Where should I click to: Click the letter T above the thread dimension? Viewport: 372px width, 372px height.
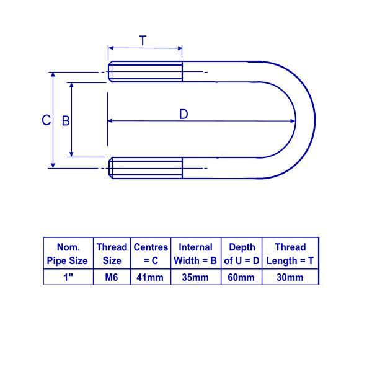[x=143, y=40]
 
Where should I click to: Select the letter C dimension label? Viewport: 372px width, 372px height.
[x=46, y=120]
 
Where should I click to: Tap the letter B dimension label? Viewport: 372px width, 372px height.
[x=66, y=121]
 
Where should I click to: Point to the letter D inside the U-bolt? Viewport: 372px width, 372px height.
[x=184, y=114]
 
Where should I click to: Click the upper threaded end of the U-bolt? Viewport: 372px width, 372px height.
[x=145, y=72]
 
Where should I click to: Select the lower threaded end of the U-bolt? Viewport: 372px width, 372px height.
[x=146, y=168]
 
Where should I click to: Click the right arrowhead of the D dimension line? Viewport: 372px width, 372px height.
[x=293, y=121]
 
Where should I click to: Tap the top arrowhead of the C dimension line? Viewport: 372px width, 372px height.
[x=53, y=75]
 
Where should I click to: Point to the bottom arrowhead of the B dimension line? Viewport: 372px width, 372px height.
[x=71, y=154]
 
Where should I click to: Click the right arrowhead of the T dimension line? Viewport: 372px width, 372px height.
[x=180, y=48]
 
